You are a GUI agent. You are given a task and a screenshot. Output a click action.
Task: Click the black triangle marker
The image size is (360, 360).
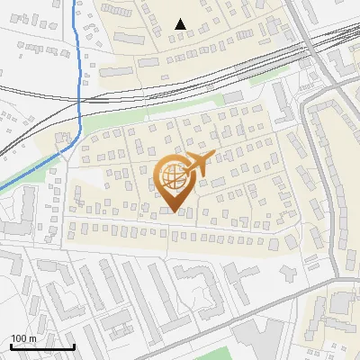[x=182, y=24]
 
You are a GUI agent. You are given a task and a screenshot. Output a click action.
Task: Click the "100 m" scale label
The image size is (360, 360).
[x=23, y=338]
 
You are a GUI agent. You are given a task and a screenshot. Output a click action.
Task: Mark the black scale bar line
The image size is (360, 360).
[x=42, y=346]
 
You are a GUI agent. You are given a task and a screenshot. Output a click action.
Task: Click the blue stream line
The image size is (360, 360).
[x=79, y=81]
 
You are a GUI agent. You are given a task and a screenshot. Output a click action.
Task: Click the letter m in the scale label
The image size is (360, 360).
[x=32, y=338]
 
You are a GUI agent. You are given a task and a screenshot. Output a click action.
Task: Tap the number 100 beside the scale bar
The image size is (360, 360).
[x=19, y=338]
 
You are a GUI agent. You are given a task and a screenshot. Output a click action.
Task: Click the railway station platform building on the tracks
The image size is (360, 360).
[x=232, y=94]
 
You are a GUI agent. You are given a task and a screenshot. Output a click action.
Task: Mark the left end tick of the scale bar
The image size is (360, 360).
[x=11, y=346]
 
